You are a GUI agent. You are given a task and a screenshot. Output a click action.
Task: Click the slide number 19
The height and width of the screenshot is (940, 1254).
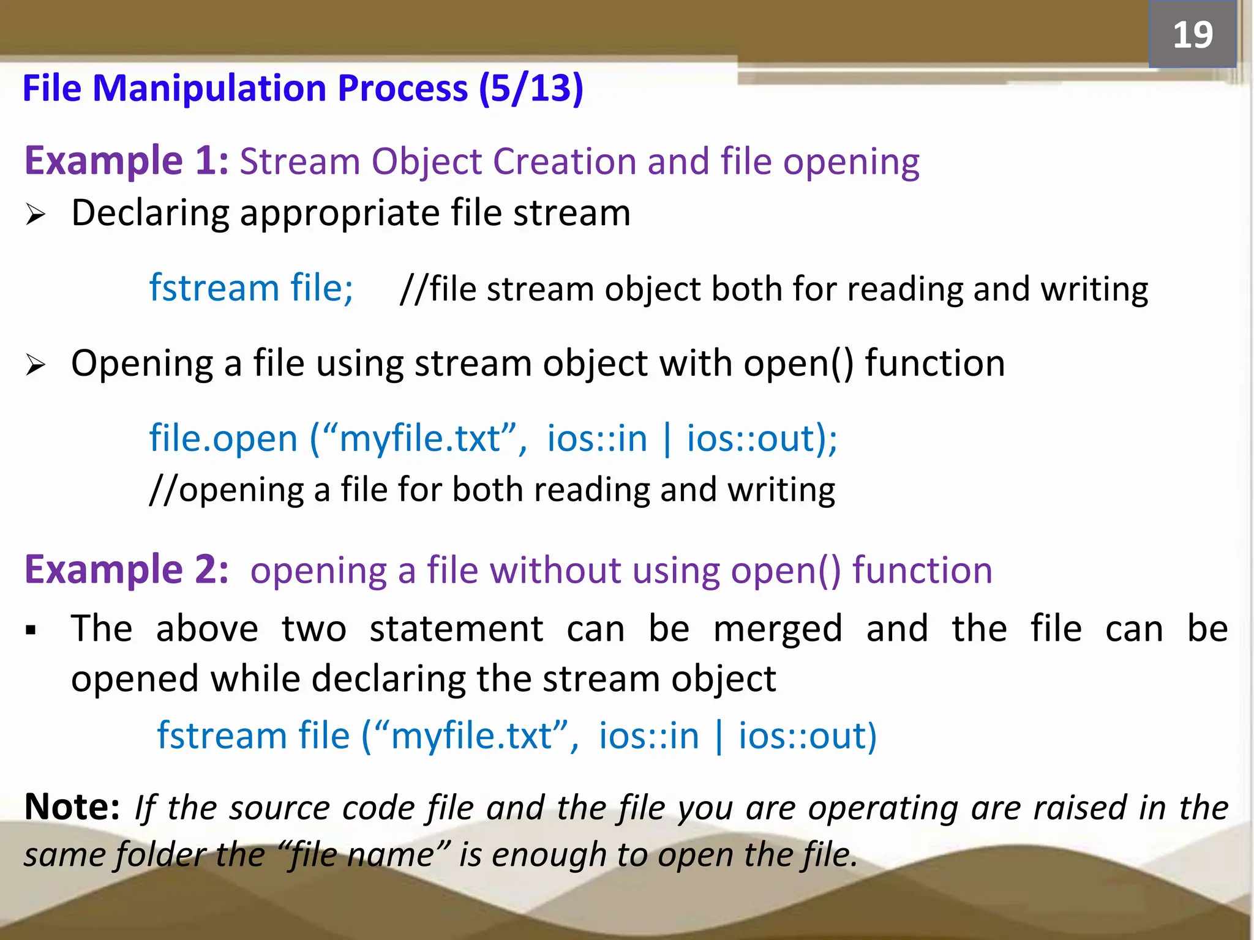pos(1192,35)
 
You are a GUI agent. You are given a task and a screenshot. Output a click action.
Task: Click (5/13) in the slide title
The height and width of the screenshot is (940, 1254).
pos(531,88)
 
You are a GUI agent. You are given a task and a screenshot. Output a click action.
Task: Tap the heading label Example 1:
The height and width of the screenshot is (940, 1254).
pos(126,160)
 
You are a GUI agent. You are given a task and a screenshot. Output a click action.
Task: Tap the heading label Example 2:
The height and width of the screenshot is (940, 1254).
pos(126,569)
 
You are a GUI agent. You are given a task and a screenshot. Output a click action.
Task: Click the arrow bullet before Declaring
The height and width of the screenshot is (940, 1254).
pos(36,215)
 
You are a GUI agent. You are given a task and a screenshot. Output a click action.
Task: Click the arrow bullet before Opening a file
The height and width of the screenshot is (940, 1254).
pos(36,365)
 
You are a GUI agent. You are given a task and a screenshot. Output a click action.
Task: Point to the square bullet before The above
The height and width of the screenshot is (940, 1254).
pos(31,630)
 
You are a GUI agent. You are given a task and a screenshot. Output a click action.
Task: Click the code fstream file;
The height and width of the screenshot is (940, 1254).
pos(251,288)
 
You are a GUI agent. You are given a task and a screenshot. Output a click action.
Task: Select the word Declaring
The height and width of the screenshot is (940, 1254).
pos(149,214)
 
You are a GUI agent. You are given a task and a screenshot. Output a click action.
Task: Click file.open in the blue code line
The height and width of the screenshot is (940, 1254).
pos(223,438)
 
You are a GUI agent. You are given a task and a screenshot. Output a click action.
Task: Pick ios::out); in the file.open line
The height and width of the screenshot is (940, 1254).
pos(762,438)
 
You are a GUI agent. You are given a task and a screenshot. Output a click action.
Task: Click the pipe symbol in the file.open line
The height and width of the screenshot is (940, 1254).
pos(667,438)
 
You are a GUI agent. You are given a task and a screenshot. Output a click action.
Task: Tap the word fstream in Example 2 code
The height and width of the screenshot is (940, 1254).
pos(222,735)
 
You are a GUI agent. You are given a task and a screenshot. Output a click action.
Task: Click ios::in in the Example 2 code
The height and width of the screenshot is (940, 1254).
pos(648,735)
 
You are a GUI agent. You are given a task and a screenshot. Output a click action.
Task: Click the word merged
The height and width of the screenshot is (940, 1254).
pos(778,629)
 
